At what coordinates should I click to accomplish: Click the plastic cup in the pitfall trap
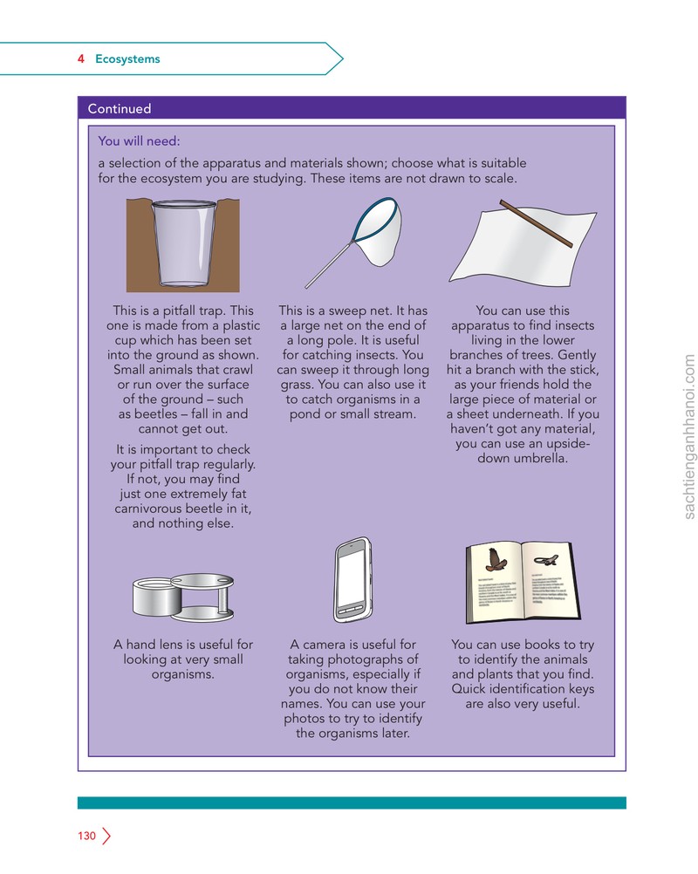183,243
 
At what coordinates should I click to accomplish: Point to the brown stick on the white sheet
536,223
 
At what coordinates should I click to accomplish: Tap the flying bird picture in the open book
495,560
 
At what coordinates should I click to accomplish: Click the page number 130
86,836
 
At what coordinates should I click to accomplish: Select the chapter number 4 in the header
81,58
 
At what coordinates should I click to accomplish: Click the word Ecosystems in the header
127,59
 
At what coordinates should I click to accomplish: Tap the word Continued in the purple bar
120,108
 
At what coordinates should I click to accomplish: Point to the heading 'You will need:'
139,141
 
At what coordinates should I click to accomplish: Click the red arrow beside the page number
106,836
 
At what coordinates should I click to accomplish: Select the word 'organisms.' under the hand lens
183,674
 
